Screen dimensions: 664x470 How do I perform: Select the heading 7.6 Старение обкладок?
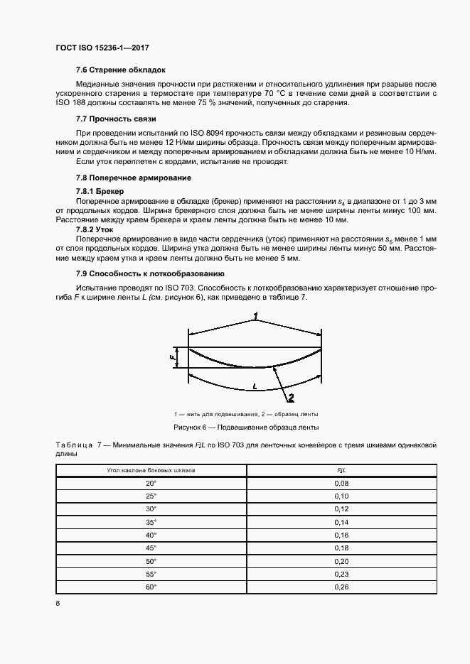[x=120, y=71]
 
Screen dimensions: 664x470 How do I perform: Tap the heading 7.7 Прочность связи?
[x=116, y=119]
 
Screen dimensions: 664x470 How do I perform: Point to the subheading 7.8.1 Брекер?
[x=100, y=192]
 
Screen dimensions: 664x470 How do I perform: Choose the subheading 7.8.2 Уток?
[x=95, y=231]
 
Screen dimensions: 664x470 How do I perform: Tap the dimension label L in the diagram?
[x=255, y=386]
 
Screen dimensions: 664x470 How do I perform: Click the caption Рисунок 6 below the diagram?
[x=246, y=428]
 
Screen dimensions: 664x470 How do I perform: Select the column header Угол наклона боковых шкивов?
[x=151, y=470]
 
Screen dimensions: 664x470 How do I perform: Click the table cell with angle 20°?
[x=151, y=482]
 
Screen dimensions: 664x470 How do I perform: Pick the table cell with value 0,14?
[x=341, y=521]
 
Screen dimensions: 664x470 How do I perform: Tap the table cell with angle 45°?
[x=151, y=548]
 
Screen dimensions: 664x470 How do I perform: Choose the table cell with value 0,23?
[x=341, y=573]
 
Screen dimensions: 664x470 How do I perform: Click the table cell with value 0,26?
[x=341, y=587]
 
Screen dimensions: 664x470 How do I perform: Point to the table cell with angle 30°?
[x=151, y=508]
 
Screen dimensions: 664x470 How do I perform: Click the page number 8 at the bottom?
[x=57, y=604]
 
